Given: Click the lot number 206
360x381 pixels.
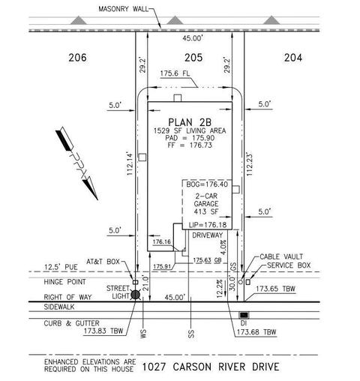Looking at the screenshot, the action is (77, 58).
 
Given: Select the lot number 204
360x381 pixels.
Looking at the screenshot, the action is (293, 58).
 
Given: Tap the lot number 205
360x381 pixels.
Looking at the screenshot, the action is (193, 58).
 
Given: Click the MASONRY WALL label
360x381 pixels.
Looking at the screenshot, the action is (123, 9).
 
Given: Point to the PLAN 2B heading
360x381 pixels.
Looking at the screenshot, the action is (190, 122).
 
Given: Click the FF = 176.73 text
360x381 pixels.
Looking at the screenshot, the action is (190, 145).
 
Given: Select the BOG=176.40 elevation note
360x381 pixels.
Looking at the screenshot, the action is (207, 184).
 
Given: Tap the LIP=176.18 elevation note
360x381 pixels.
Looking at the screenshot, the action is (208, 225).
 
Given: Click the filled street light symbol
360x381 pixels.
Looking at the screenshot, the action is (136, 295).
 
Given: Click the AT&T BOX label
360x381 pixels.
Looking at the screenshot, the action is (103, 262).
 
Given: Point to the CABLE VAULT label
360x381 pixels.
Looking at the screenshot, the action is (281, 256).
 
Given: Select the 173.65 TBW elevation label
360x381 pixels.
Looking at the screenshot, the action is (275, 289).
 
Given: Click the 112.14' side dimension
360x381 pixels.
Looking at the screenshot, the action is (130, 163).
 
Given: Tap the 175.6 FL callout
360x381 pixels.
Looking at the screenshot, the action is (175, 73).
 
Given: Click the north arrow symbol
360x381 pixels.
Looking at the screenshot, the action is (76, 163).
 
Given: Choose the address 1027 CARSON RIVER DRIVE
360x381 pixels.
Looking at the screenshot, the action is (211, 367).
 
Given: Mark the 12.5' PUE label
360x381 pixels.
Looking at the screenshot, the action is (61, 267).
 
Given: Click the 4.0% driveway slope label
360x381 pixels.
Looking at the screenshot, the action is (223, 247).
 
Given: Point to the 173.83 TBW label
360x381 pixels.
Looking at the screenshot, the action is (103, 331).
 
